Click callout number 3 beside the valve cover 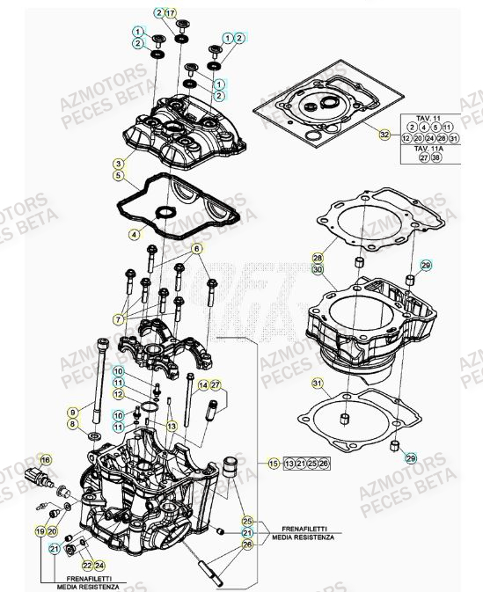pyautogui.click(x=116, y=164)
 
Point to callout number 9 pyautogui.click(x=72, y=412)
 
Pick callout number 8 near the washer pyautogui.click(x=72, y=425)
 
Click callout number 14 pyautogui.click(x=203, y=384)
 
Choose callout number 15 pyautogui.click(x=274, y=463)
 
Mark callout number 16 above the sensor pyautogui.click(x=46, y=459)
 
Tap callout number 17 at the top pyautogui.click(x=171, y=12)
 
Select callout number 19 pyautogui.click(x=40, y=532)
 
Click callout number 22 pyautogui.click(x=86, y=565)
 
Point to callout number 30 pyautogui.click(x=318, y=269)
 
